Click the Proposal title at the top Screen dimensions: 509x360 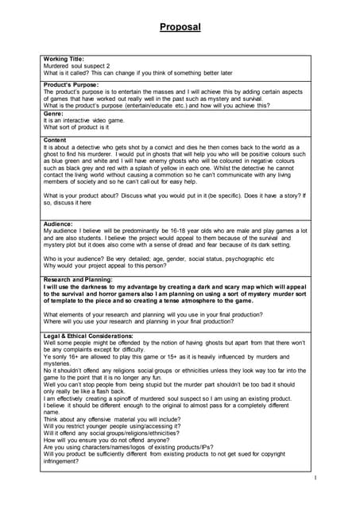pyautogui.click(x=180, y=26)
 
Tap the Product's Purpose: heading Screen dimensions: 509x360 pyautogui.click(x=72, y=85)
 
